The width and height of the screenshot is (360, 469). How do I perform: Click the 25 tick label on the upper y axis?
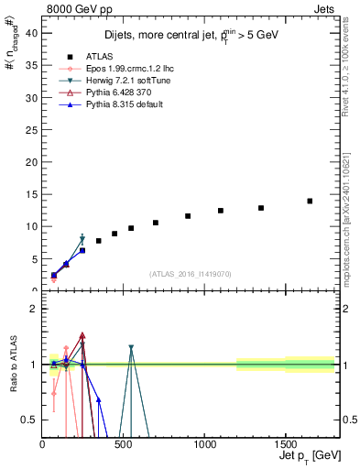[x=31, y=129]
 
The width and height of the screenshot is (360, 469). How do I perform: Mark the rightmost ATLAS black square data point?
[x=310, y=201]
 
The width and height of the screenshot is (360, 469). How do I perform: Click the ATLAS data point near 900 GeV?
[x=188, y=216]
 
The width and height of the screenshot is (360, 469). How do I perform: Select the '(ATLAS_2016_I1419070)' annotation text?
[x=191, y=274]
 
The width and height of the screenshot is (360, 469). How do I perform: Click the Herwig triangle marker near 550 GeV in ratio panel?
[x=131, y=348]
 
